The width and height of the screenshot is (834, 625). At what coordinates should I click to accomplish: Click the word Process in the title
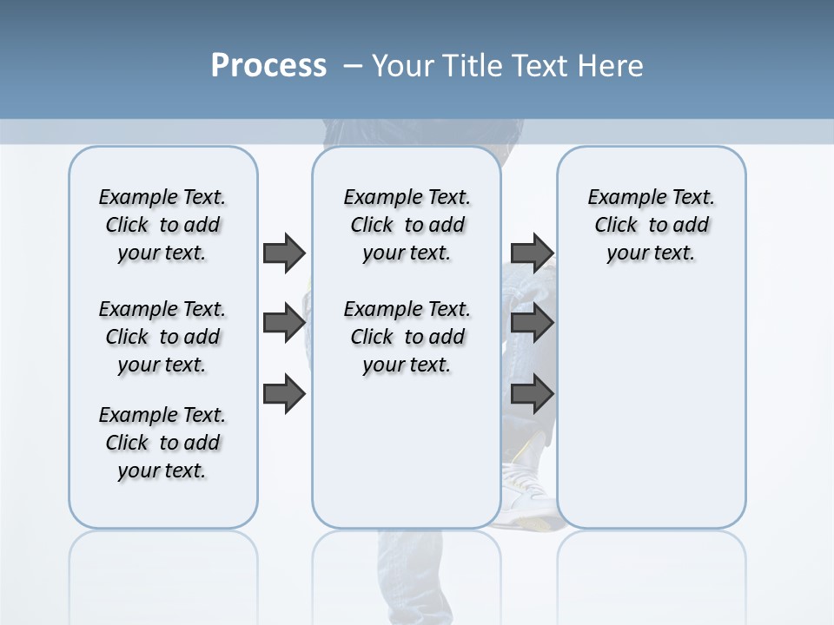[x=268, y=66]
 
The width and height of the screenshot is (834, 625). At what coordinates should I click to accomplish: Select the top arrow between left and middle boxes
[x=284, y=253]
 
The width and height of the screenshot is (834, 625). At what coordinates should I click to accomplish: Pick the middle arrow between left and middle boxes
[x=284, y=323]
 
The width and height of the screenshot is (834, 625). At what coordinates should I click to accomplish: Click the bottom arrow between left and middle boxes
[x=284, y=395]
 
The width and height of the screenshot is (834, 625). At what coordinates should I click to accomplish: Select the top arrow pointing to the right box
[x=532, y=253]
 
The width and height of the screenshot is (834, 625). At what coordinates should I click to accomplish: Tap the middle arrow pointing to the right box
[x=532, y=323]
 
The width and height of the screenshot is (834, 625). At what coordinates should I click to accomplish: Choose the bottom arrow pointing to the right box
[x=532, y=395]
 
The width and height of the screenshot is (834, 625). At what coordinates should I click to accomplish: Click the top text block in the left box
[x=162, y=225]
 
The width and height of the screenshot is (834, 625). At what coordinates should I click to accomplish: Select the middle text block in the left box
[x=162, y=337]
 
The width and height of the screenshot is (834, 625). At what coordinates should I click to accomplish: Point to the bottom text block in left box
[x=162, y=443]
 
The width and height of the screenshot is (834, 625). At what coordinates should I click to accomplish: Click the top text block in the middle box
[x=407, y=225]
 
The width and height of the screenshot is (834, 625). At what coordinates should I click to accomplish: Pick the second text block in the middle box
[x=407, y=337]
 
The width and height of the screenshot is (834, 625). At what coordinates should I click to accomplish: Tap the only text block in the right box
[x=651, y=225]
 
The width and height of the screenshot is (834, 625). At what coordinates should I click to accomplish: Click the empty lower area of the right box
[x=651, y=417]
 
